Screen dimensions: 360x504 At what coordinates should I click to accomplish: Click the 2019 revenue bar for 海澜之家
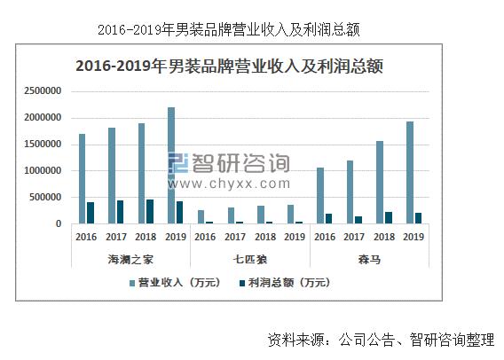click(x=171, y=166)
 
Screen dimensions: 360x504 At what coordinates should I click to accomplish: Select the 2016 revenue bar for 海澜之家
click(x=83, y=179)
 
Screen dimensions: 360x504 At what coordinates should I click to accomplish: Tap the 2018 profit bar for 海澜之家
click(x=150, y=212)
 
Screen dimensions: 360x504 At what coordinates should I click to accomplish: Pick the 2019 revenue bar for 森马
click(x=410, y=173)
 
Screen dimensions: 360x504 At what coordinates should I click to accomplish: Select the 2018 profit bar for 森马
click(x=389, y=218)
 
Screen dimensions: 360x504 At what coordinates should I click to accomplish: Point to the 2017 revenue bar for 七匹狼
click(x=231, y=215)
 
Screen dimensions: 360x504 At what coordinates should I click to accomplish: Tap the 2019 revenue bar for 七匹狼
click(x=290, y=215)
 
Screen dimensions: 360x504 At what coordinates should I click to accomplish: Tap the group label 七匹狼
click(x=250, y=258)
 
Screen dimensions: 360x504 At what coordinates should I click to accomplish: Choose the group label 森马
click(x=369, y=258)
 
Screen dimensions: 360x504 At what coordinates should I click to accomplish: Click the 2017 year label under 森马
click(x=354, y=238)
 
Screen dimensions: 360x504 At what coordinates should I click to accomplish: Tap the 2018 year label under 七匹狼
click(x=264, y=238)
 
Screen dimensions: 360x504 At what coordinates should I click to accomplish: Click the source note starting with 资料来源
click(x=380, y=340)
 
